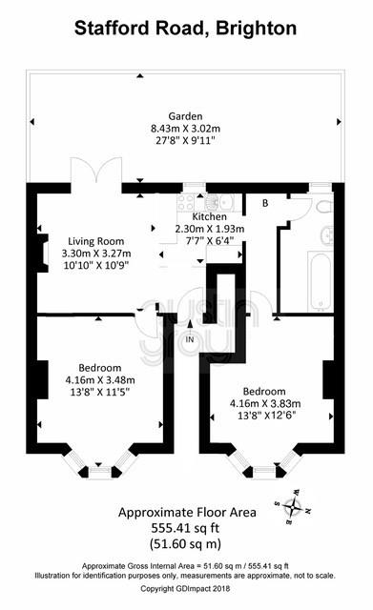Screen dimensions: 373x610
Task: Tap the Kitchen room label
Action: pyautogui.click(x=210, y=216)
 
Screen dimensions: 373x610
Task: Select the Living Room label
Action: pyautogui.click(x=96, y=241)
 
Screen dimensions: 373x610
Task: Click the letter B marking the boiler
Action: pyautogui.click(x=265, y=203)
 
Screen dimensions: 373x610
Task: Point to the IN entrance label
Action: pyautogui.click(x=190, y=339)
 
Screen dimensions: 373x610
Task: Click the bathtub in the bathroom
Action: pyautogui.click(x=321, y=281)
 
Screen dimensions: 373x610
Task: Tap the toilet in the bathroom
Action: pyautogui.click(x=324, y=206)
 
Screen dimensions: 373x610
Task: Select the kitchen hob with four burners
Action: pyautogui.click(x=186, y=202)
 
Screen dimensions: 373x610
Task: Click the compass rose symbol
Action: pyautogui.click(x=293, y=506)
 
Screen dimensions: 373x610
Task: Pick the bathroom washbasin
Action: pyautogui.click(x=327, y=234)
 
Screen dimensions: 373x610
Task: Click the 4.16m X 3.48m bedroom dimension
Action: pyautogui.click(x=100, y=379)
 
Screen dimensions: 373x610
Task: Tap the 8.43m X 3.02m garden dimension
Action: pyautogui.click(x=185, y=128)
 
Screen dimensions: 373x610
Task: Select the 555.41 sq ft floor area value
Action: pyautogui.click(x=185, y=528)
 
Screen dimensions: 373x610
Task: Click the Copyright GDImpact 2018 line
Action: pyautogui.click(x=185, y=589)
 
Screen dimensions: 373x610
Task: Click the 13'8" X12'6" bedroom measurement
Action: pyautogui.click(x=267, y=416)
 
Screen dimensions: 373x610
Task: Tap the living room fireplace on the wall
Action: pyautogui.click(x=42, y=253)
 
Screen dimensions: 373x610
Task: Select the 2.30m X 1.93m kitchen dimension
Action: pyautogui.click(x=210, y=229)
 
